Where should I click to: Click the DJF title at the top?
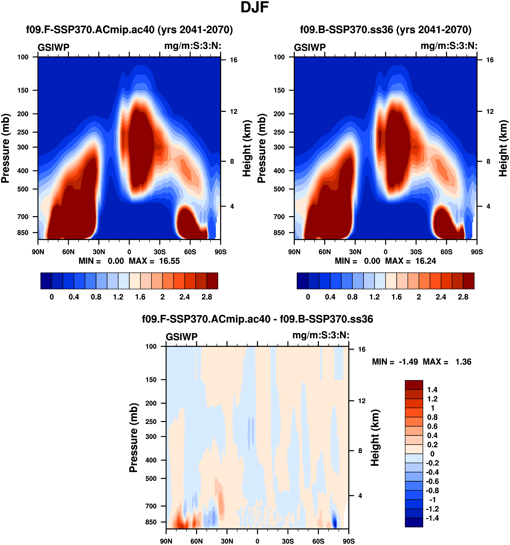click(254, 7)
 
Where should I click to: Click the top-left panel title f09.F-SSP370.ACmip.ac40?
click(129, 30)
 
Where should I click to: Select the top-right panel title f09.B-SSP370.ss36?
click(385, 30)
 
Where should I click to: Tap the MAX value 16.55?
click(169, 261)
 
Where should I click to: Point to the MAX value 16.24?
click(426, 261)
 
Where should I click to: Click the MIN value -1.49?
click(408, 362)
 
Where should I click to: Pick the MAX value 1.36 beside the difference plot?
click(463, 362)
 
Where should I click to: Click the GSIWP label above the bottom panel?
click(182, 337)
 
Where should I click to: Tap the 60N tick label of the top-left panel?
click(68, 252)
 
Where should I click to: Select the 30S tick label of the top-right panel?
click(416, 252)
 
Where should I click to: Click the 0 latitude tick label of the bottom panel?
click(257, 541)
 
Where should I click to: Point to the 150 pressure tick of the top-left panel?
click(23, 90)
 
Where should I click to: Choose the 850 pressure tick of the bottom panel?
click(151, 522)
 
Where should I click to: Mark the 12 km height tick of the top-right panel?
click(490, 112)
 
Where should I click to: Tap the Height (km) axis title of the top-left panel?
click(247, 148)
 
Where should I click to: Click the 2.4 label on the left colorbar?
click(184, 297)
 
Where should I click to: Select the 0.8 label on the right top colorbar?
click(352, 297)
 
